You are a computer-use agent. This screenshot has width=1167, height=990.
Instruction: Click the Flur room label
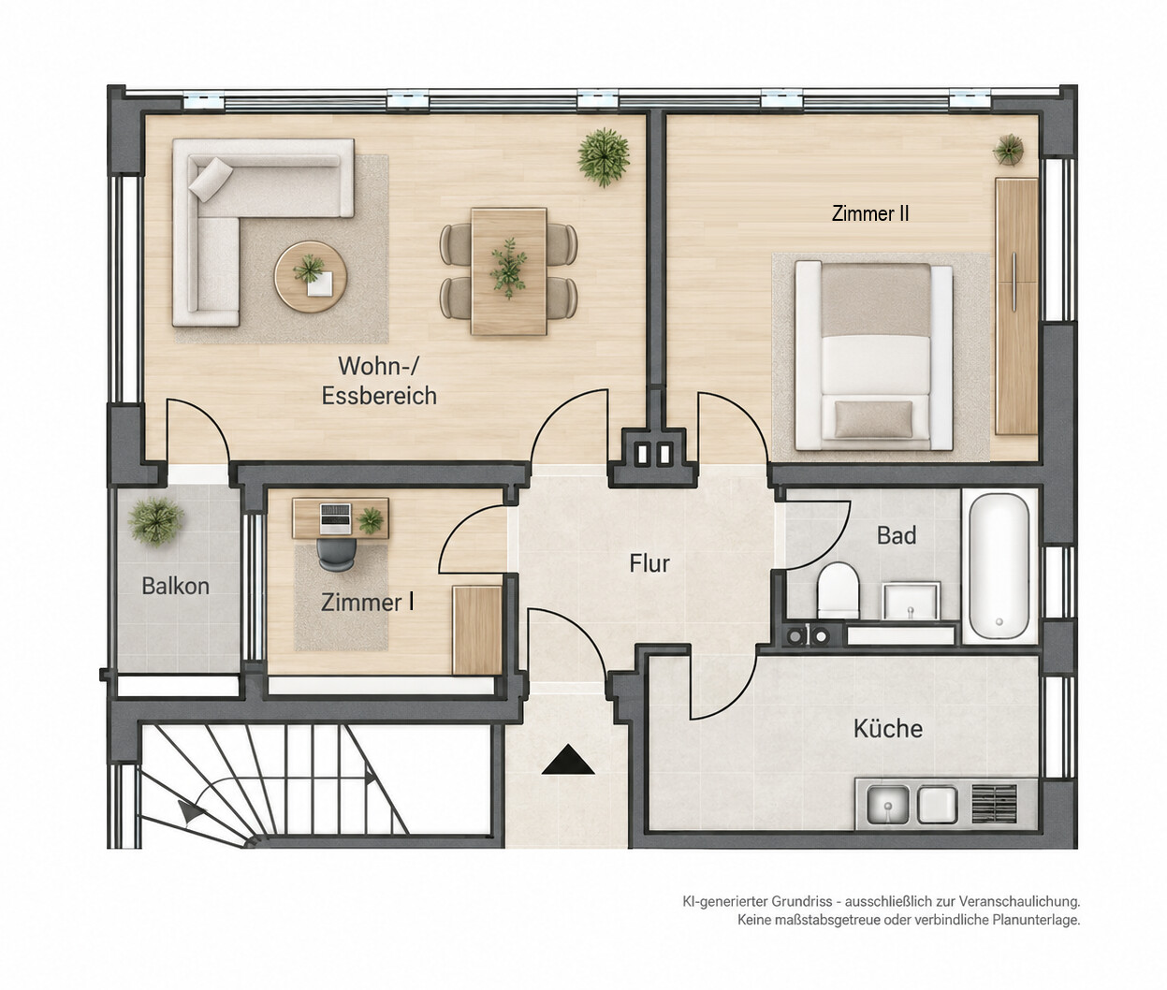(x=649, y=563)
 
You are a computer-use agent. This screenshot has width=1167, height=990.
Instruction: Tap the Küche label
(x=887, y=729)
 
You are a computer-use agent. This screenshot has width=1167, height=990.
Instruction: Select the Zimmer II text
(x=870, y=213)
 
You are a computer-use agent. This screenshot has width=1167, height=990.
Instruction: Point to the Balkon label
(x=176, y=586)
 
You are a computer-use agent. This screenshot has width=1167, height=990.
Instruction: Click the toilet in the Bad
(x=838, y=590)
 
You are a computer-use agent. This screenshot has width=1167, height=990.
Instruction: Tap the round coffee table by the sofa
(x=311, y=277)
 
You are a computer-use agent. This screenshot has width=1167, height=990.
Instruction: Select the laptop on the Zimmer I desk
(x=336, y=518)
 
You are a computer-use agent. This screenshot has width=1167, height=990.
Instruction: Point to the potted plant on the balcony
(x=156, y=521)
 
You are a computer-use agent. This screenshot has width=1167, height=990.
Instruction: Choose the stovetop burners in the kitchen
(x=994, y=804)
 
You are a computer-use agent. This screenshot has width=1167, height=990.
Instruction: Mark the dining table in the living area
(x=509, y=271)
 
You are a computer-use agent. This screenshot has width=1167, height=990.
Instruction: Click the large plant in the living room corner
(x=603, y=157)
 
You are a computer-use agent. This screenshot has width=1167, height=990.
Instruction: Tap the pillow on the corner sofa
(x=211, y=180)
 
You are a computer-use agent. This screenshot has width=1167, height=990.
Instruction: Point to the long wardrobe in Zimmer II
(x=1017, y=307)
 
